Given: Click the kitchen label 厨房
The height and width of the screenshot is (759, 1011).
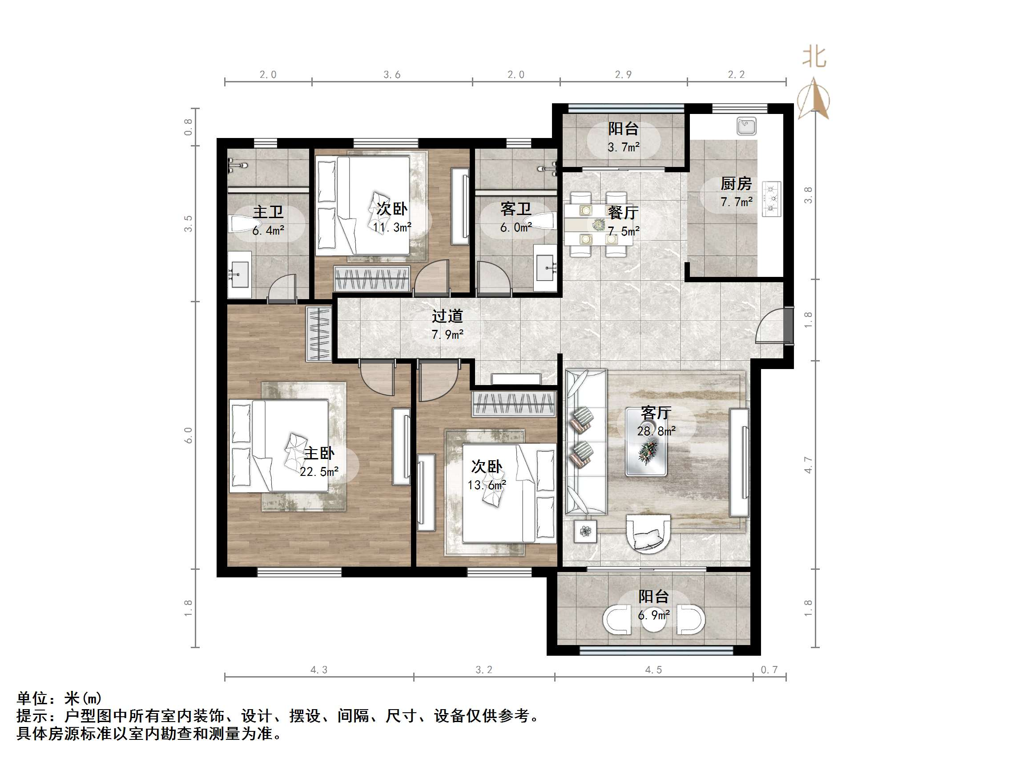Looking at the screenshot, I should pyautogui.click(x=736, y=184).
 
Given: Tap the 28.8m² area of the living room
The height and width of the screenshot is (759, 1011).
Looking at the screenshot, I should pyautogui.click(x=657, y=431).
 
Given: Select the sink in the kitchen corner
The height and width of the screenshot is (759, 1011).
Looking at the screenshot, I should pyautogui.click(x=746, y=126).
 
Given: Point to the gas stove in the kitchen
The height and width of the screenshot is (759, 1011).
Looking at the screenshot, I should pyautogui.click(x=772, y=199).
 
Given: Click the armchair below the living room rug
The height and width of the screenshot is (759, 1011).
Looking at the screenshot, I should pyautogui.click(x=648, y=534).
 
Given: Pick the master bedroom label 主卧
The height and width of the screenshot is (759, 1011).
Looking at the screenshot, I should pyautogui.click(x=319, y=453).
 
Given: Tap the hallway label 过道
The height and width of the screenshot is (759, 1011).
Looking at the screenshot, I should pyautogui.click(x=447, y=316).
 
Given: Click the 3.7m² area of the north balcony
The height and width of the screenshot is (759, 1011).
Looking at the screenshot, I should pyautogui.click(x=624, y=147).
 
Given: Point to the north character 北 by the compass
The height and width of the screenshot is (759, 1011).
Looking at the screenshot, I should pyautogui.click(x=814, y=57).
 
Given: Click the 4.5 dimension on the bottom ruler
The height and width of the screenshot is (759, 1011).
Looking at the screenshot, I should pyautogui.click(x=653, y=670).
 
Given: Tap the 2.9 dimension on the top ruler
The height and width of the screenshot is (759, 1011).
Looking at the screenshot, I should pyautogui.click(x=623, y=75).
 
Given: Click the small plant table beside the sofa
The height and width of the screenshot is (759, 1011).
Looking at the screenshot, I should pyautogui.click(x=585, y=531).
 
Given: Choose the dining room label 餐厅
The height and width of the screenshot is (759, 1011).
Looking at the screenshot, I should pyautogui.click(x=623, y=212).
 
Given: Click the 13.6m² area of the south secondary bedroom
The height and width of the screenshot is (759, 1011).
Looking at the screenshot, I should pyautogui.click(x=486, y=485).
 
